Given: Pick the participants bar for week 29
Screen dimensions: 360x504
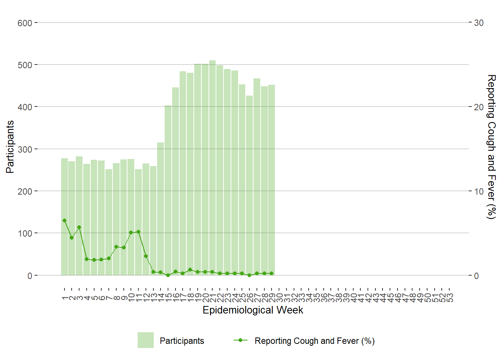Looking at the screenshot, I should point(271,180).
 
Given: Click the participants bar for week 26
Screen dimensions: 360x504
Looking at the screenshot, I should point(249,185).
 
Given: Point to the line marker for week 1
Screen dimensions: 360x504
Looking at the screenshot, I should point(64,220).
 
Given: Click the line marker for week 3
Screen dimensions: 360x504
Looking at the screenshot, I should point(79,227).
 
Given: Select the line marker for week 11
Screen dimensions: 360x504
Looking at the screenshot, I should point(138,232).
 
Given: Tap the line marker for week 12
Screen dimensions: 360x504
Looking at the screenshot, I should point(146,256).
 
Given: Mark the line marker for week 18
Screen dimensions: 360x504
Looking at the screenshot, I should point(190,270).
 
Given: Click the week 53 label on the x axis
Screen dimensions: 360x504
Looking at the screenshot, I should point(449,298).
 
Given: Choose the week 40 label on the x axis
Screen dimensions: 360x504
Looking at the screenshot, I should point(353,298).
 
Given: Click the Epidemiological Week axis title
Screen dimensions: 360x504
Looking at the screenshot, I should point(253,310).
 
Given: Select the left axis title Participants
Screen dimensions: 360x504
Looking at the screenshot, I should point(10,147).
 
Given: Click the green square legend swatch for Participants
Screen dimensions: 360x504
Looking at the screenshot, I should point(145,340).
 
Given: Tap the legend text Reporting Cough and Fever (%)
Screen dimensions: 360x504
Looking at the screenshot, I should point(315,341).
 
